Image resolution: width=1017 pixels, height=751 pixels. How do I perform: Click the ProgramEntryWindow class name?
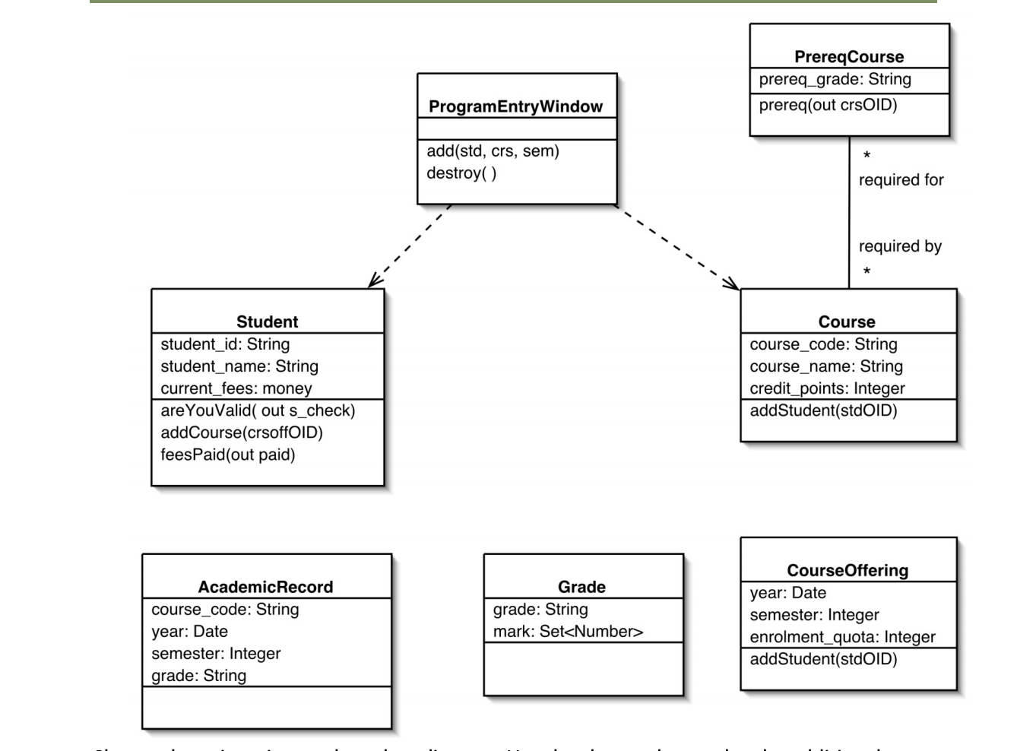click(515, 106)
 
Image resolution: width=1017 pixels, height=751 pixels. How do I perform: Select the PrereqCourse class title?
click(849, 57)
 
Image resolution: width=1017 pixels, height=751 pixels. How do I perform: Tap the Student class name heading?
click(267, 322)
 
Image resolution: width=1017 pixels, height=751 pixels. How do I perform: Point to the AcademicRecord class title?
click(265, 587)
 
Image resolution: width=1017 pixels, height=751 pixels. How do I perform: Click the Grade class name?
click(581, 587)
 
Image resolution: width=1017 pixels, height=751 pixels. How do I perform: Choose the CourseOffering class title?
click(847, 570)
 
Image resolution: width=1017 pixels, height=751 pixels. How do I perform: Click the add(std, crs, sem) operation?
click(493, 151)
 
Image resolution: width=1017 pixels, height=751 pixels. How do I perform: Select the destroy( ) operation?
click(461, 173)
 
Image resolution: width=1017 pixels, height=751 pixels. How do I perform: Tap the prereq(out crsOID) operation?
click(828, 105)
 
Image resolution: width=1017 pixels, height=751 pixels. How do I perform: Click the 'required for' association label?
click(901, 180)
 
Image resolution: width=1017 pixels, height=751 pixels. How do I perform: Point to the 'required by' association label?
click(900, 246)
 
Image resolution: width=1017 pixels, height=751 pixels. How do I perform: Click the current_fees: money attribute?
click(236, 388)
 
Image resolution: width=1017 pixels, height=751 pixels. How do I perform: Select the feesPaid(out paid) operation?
click(227, 455)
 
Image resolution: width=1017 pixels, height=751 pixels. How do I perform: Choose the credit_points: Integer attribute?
click(827, 388)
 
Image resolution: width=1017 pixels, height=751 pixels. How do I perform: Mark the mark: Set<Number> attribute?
click(568, 631)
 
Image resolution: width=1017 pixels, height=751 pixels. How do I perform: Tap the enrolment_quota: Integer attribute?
click(842, 637)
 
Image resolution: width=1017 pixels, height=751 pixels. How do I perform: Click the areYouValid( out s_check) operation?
click(258, 410)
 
